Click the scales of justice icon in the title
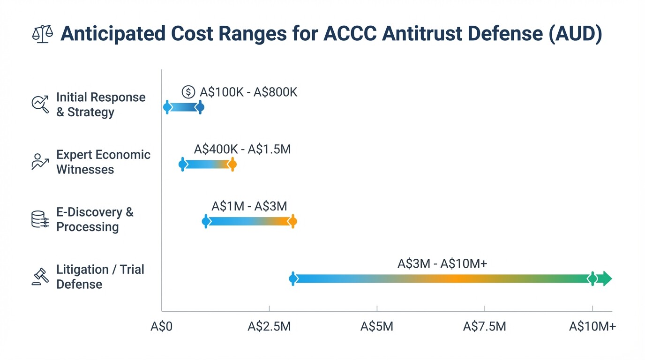click(42, 35)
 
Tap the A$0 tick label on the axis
click(161, 327)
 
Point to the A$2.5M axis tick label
click(269, 327)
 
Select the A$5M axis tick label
click(376, 327)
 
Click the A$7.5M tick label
click(484, 327)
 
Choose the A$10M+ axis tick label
click(592, 327)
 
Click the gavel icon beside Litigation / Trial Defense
click(40, 277)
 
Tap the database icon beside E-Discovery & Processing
click(40, 219)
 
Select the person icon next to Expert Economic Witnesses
click(40, 162)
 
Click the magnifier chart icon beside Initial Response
click(40, 104)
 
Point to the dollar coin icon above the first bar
click(188, 92)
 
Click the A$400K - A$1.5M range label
click(242, 150)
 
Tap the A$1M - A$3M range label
click(249, 206)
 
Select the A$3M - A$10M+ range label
click(442, 264)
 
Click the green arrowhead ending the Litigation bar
click(607, 278)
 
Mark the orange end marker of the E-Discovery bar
click(293, 221)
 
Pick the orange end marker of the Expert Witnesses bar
click(232, 164)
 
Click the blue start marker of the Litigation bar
click(293, 278)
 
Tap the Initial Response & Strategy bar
click(183, 107)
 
